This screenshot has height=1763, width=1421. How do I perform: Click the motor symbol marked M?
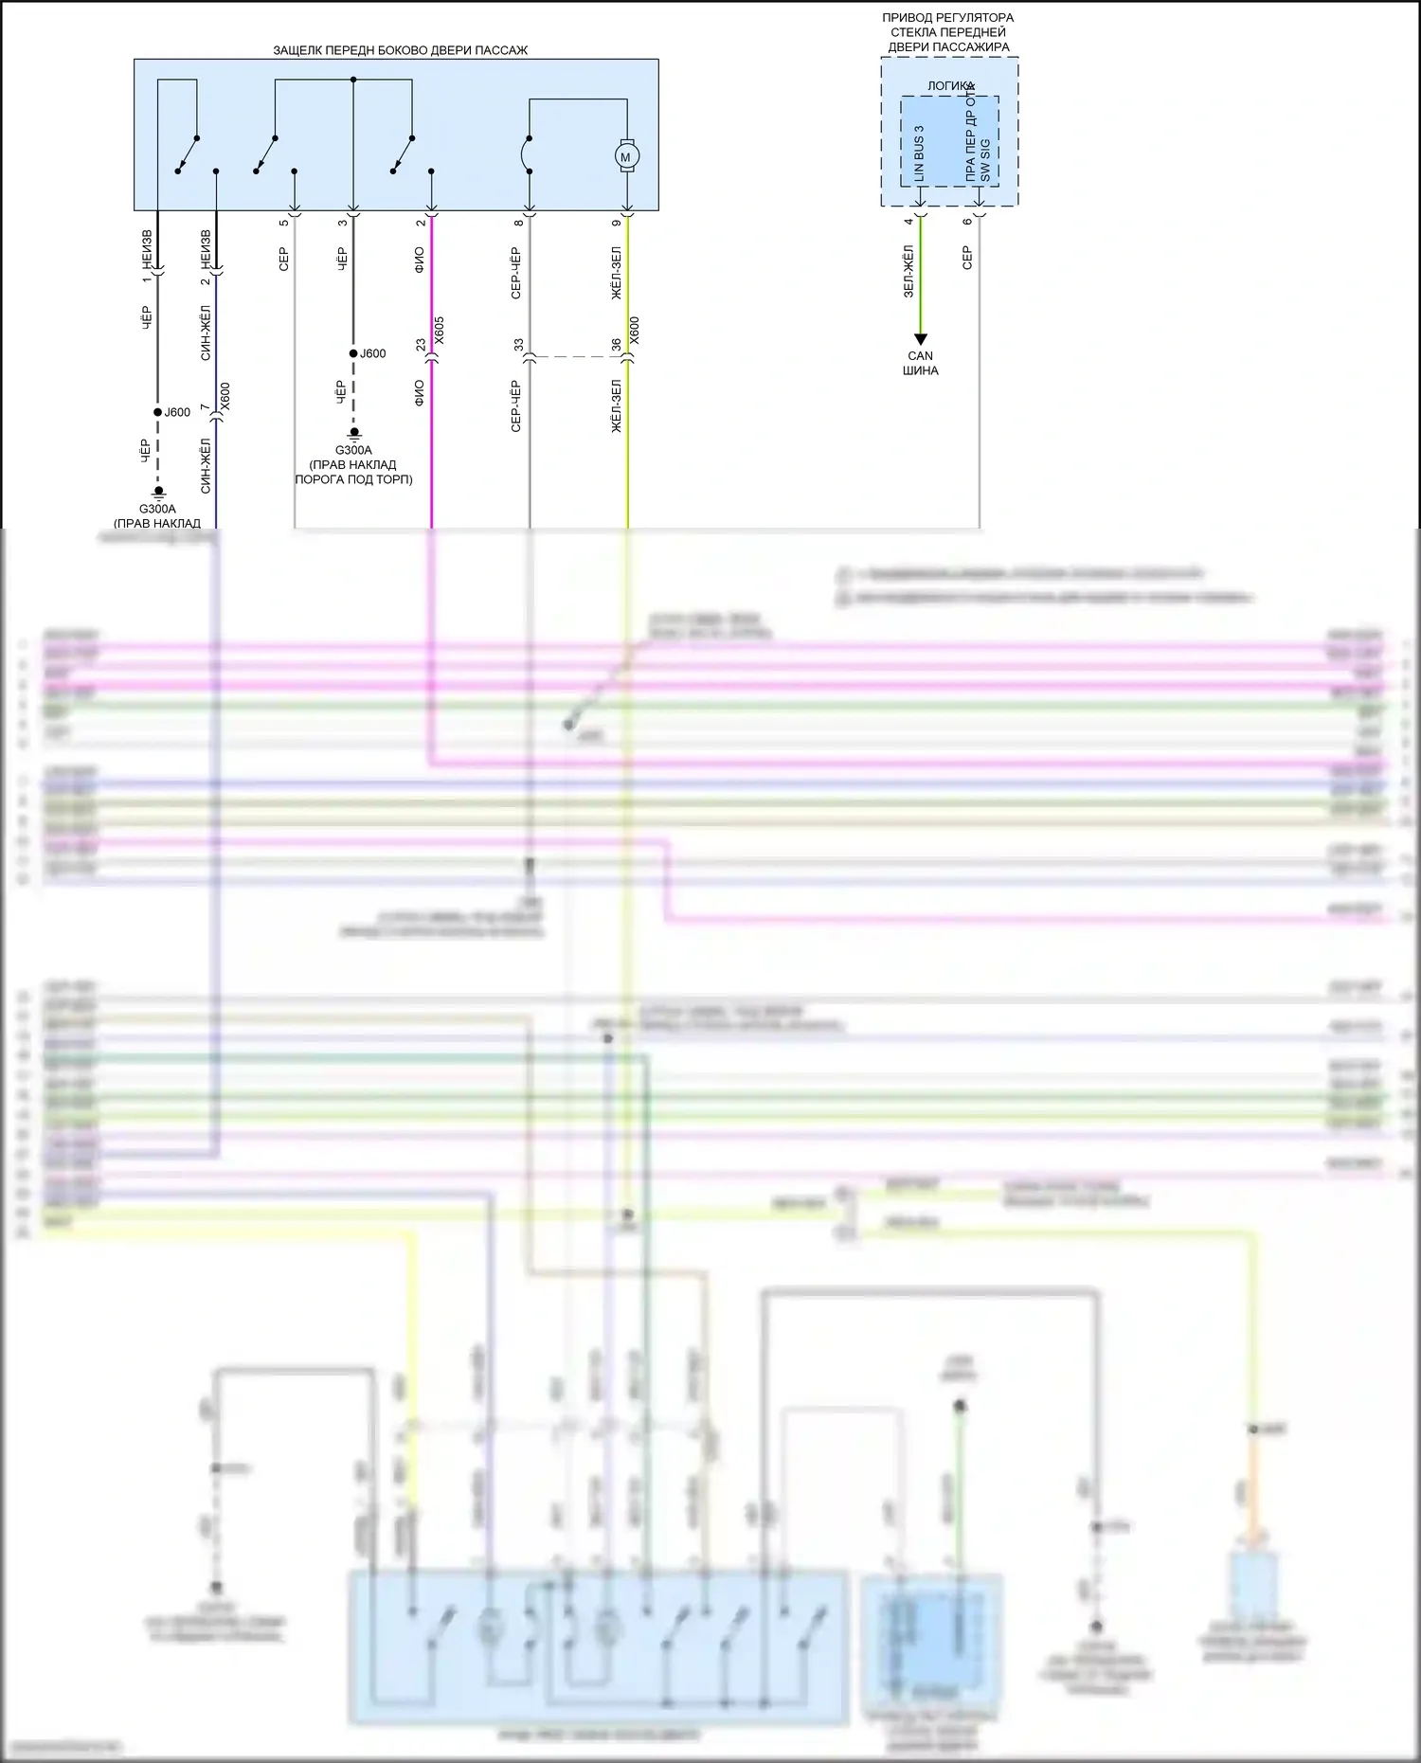[625, 155]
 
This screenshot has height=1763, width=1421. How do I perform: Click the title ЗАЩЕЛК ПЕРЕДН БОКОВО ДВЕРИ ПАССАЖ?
[400, 50]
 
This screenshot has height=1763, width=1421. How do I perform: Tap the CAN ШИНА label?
[920, 363]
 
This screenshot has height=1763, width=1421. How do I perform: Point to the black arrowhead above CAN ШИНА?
[920, 339]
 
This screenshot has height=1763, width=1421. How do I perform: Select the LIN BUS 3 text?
[918, 153]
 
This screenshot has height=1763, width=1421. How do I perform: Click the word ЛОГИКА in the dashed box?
[950, 86]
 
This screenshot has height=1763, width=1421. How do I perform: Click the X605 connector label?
[439, 331]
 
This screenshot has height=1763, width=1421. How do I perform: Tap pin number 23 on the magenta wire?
[421, 346]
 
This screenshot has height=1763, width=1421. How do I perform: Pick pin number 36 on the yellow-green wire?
[616, 346]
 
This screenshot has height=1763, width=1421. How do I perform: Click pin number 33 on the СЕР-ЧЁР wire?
[518, 346]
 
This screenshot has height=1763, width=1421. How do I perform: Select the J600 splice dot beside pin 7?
[158, 412]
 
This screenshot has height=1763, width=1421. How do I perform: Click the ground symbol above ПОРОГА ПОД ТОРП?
[353, 434]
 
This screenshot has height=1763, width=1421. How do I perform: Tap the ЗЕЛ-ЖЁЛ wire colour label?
[908, 271]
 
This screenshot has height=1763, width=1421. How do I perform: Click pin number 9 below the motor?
[616, 223]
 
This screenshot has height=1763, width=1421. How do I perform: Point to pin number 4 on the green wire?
[908, 222]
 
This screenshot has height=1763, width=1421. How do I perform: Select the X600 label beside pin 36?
[635, 331]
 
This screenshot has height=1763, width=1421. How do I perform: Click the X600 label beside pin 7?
[225, 397]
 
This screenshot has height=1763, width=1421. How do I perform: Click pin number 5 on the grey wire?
[283, 223]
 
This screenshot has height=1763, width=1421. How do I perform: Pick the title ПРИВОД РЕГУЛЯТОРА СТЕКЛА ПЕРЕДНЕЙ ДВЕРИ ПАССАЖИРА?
[947, 32]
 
